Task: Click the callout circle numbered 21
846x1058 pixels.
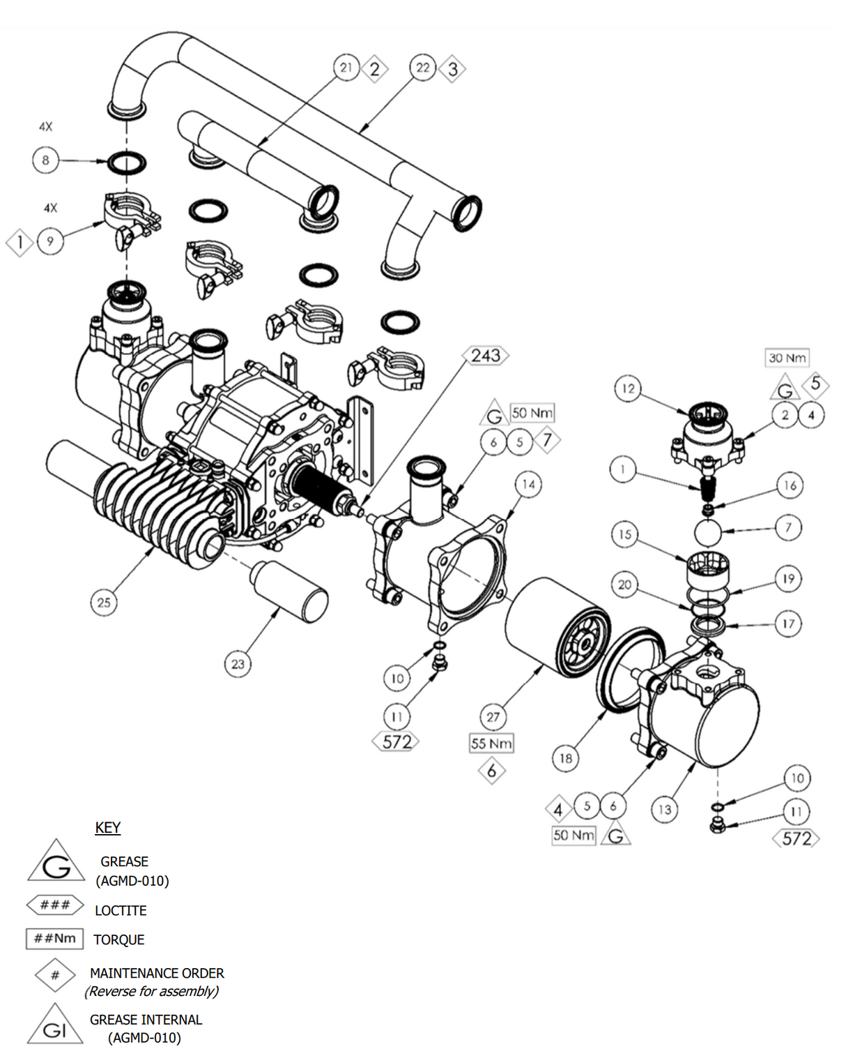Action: (346, 68)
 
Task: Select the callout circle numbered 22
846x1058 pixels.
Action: (423, 68)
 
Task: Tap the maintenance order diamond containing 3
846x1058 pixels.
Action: (453, 69)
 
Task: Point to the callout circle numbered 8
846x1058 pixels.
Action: (45, 160)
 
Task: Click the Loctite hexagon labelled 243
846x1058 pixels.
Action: (486, 356)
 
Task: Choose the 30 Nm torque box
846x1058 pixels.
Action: (787, 358)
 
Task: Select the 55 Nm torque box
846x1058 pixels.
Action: (491, 743)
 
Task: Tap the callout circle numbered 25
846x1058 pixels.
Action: (104, 603)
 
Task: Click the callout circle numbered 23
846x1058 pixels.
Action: (238, 664)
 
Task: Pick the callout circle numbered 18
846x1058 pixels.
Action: (566, 758)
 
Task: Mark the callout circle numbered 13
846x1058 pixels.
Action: (665, 809)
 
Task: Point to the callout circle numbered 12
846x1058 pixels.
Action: (628, 388)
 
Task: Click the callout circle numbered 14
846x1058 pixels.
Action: (528, 485)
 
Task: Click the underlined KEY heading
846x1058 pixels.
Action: (108, 828)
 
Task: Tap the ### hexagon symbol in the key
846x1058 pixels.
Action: (55, 905)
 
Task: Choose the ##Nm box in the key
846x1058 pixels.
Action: (55, 939)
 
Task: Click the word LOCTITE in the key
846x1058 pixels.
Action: (121, 911)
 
